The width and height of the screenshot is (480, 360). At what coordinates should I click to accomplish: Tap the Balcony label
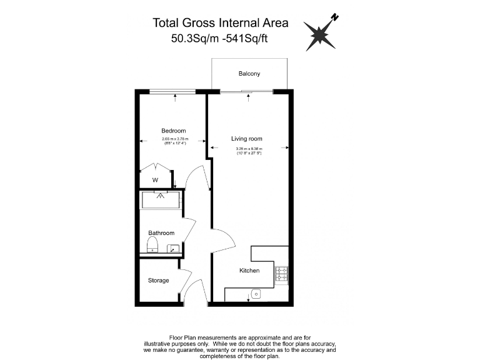pos(249,74)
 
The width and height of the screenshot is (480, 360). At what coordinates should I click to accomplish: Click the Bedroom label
pos(174,131)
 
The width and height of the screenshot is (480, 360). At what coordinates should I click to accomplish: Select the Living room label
pos(247,139)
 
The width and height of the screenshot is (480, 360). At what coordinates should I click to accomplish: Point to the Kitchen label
pos(249,271)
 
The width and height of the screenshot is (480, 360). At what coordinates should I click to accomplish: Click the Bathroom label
pos(161,233)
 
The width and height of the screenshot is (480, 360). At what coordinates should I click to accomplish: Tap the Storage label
pos(158,281)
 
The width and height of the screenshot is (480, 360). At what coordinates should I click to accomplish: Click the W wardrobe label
pos(155,180)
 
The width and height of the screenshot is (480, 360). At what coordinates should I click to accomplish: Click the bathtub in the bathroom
pos(161,199)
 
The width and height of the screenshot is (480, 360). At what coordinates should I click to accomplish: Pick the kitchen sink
pos(255,294)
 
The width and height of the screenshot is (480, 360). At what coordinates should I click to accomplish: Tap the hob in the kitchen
pos(281,273)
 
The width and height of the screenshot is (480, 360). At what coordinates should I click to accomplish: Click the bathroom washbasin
pos(173,249)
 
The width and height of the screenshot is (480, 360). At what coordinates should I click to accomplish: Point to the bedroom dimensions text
pos(174,141)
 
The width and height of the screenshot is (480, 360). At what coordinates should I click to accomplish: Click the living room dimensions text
pos(249,151)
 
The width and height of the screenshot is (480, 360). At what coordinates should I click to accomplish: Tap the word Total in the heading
pos(166,23)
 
